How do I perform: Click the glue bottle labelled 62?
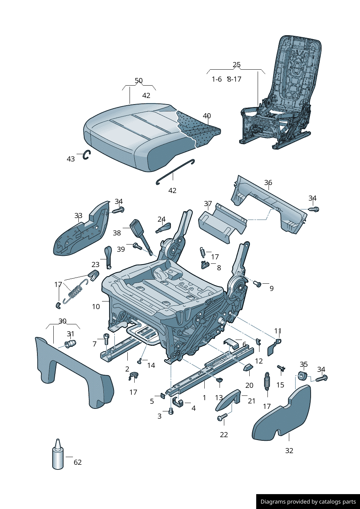58,455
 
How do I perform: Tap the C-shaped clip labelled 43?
86,155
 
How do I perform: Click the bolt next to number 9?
257,284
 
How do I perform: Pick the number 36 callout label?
268,182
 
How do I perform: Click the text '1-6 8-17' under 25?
226,79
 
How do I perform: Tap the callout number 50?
139,81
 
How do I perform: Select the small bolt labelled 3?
171,411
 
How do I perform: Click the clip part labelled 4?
177,402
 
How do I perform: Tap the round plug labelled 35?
302,376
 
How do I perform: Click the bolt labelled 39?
138,246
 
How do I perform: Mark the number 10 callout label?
96,307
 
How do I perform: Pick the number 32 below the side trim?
289,451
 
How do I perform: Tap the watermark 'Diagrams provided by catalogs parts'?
308,502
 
